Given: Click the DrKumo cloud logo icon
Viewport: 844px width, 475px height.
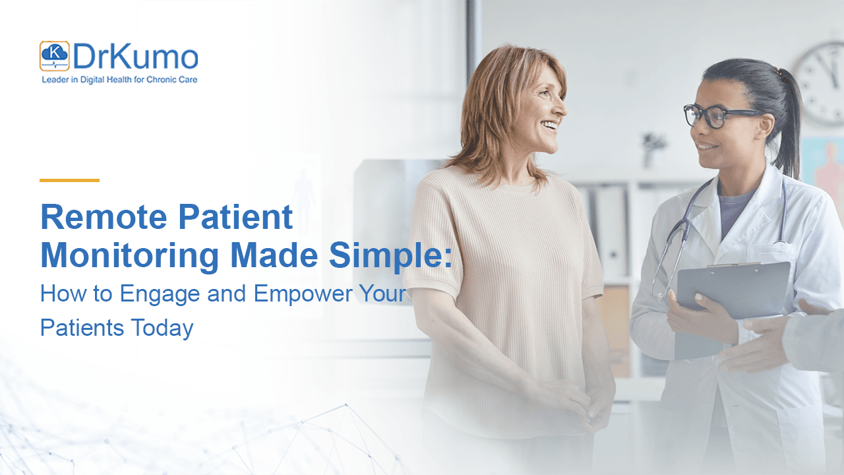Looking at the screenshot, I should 54,56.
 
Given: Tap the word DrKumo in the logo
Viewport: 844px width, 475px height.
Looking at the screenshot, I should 135,57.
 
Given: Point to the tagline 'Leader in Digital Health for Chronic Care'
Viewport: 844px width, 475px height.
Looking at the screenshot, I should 119,80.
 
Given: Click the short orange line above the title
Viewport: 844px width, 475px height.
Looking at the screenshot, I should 69,180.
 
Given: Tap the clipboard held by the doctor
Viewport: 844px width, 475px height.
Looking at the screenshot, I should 732,290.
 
